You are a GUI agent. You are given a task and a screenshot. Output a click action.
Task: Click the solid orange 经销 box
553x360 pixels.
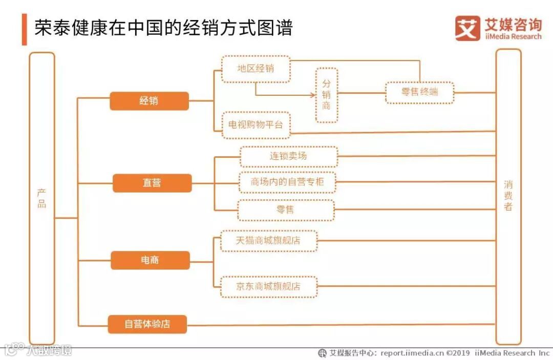pyautogui.click(x=149, y=101)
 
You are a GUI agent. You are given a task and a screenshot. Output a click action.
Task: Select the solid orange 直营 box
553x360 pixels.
pyautogui.click(x=152, y=183)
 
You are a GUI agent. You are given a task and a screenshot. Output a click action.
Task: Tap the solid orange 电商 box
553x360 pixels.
pyautogui.click(x=150, y=260)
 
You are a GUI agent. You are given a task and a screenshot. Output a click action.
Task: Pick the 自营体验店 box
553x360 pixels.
pyautogui.click(x=147, y=324)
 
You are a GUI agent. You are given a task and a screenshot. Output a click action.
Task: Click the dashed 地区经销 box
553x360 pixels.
pyautogui.click(x=256, y=69)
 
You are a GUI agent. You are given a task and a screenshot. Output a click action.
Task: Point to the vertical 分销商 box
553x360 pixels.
pyautogui.click(x=327, y=95)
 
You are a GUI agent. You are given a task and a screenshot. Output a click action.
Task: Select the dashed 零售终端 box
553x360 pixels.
pyautogui.click(x=419, y=93)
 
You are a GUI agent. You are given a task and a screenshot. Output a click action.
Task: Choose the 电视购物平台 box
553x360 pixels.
pyautogui.click(x=256, y=125)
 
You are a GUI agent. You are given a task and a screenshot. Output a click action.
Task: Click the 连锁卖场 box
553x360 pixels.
pyautogui.click(x=289, y=156)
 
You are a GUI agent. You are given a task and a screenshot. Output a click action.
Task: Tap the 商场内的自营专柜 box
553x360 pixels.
pyautogui.click(x=286, y=182)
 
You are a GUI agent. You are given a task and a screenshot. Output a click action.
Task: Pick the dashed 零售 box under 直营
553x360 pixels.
pyautogui.click(x=286, y=210)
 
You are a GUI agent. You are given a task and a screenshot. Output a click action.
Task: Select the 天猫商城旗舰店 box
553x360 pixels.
pyautogui.click(x=268, y=241)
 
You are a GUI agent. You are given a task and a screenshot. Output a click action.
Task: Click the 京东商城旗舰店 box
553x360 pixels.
pyautogui.click(x=268, y=287)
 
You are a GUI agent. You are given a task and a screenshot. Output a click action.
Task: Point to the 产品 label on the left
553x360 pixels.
pyautogui.click(x=42, y=199)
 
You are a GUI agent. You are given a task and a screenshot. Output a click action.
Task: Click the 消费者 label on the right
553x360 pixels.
pyautogui.click(x=508, y=196)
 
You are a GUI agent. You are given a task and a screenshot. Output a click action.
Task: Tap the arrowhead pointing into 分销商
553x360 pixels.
pyautogui.click(x=313, y=95)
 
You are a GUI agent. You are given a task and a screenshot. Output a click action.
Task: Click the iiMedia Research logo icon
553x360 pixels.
pyautogui.click(x=467, y=28)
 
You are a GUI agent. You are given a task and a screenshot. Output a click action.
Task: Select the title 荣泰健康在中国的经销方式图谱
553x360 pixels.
pyautogui.click(x=163, y=28)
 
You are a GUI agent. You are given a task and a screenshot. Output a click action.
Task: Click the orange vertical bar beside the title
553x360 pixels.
pyautogui.click(x=24, y=29)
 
